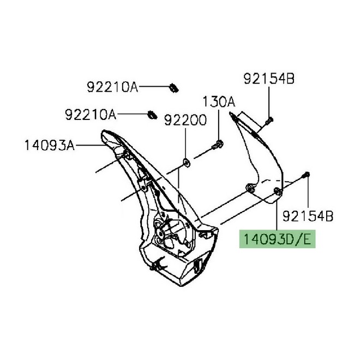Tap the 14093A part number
tap(50, 145)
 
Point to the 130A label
tap(219, 101)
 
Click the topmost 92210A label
tap(112, 86)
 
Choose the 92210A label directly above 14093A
tap(91, 115)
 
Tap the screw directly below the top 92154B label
tap(270, 119)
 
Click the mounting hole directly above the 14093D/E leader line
tap(278, 190)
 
